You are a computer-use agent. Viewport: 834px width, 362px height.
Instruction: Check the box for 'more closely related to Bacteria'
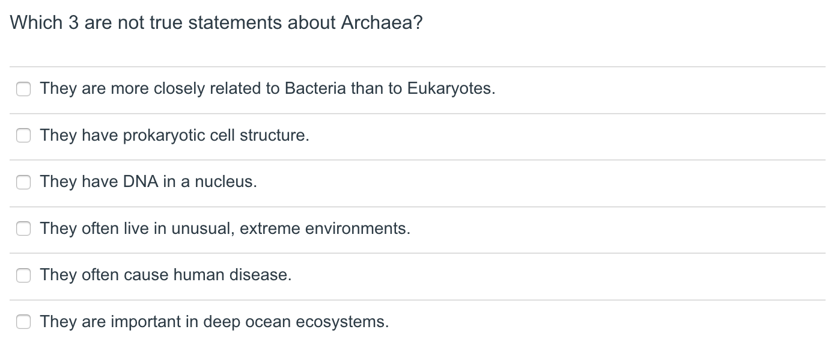(23, 89)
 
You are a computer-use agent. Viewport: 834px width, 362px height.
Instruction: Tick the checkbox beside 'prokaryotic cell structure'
(23, 136)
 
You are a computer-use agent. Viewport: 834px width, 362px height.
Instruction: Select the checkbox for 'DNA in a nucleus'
(23, 182)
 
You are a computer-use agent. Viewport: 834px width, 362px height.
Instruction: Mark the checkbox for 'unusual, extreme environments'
(23, 229)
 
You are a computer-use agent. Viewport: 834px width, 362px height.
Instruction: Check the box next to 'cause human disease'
(23, 275)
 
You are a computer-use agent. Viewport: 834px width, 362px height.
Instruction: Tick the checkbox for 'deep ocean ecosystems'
(23, 322)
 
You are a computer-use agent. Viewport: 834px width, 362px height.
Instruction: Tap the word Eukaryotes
(451, 89)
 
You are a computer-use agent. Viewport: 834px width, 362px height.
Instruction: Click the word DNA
(141, 182)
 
